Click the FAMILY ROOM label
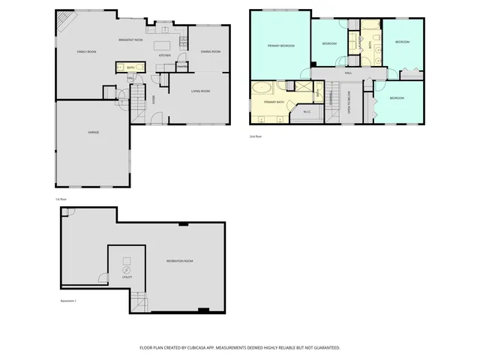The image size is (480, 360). (87, 51)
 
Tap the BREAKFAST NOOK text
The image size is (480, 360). (130, 39)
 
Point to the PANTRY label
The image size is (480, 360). (181, 67)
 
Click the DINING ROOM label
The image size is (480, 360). (210, 52)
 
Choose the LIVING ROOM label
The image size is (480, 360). (199, 91)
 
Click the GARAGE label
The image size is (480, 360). (93, 132)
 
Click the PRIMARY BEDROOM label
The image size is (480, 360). (280, 46)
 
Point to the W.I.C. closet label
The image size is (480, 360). (307, 112)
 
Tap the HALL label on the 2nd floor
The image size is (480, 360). (348, 73)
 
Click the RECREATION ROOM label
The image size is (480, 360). (180, 261)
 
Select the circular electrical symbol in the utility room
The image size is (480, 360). (126, 269)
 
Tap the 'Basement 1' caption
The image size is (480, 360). (68, 301)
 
